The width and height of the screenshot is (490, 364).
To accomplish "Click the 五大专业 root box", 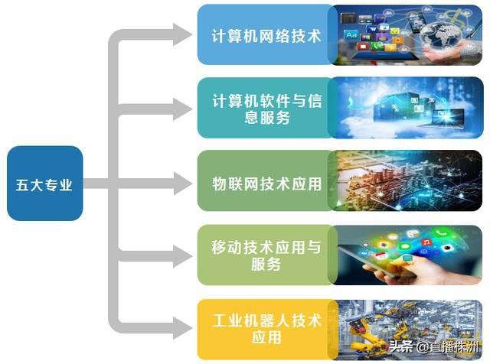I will coord(44,184).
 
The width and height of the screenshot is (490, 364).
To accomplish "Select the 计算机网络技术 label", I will coord(266,35).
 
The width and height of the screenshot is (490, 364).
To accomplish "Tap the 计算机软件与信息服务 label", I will coord(266,109).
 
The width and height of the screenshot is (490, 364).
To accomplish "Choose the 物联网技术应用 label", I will coord(266,184).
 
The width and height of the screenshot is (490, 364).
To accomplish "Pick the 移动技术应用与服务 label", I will coord(266,256).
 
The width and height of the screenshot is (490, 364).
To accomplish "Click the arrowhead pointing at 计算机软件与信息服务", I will coord(181,109).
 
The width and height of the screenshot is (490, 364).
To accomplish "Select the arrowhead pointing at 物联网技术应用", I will coord(181,184).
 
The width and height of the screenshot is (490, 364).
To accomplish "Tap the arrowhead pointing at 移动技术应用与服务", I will coord(181,257).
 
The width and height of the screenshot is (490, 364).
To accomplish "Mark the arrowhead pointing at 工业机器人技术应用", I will coord(181,330).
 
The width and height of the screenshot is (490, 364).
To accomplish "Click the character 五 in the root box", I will coord(22,184).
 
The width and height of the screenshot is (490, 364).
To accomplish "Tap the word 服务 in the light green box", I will coord(266,265).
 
